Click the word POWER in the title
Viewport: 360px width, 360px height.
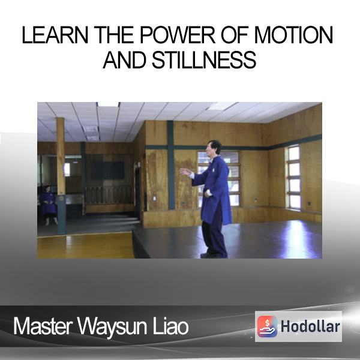pyautogui.click(x=177, y=35)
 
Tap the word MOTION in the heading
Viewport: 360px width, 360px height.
pyautogui.click(x=293, y=35)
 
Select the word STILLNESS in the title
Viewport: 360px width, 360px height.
pyautogui.click(x=204, y=59)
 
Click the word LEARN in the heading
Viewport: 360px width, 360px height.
pyautogui.click(x=55, y=35)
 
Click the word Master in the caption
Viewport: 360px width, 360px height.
pyautogui.click(x=43, y=326)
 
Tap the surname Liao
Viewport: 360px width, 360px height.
pyautogui.click(x=170, y=326)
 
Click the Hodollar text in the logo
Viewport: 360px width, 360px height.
pyautogui.click(x=310, y=326)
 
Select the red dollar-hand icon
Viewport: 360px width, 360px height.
pyautogui.click(x=267, y=326)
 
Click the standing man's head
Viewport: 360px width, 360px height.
pyautogui.click(x=213, y=148)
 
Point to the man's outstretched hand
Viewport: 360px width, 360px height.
pyautogui.click(x=185, y=172)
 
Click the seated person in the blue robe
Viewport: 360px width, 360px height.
pyautogui.click(x=48, y=205)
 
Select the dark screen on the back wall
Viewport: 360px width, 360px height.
pyautogui.click(x=109, y=170)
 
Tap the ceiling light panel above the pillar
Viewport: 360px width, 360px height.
pyautogui.click(x=109, y=104)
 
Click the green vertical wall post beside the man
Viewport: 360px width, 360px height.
pyautogui.click(x=170, y=165)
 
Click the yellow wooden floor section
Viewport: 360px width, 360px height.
pyautogui.click(x=85, y=245)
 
